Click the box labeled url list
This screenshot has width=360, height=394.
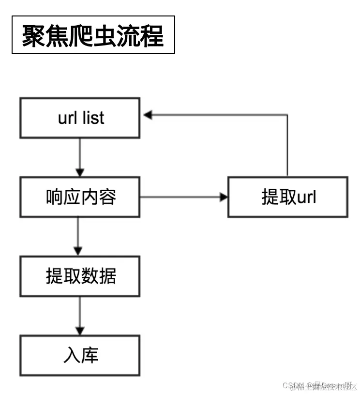[80, 118]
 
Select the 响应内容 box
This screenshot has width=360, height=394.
[80, 197]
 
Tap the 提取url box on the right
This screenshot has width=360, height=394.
[288, 197]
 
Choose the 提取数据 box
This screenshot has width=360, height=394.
[80, 276]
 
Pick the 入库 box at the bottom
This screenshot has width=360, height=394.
[80, 356]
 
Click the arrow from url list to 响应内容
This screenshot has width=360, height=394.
[80, 157]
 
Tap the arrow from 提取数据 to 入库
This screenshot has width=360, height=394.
[80, 316]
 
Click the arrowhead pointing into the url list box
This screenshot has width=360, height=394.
[148, 115]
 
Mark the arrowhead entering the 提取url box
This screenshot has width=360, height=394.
[223, 197]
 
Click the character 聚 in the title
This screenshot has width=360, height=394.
[33, 35]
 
